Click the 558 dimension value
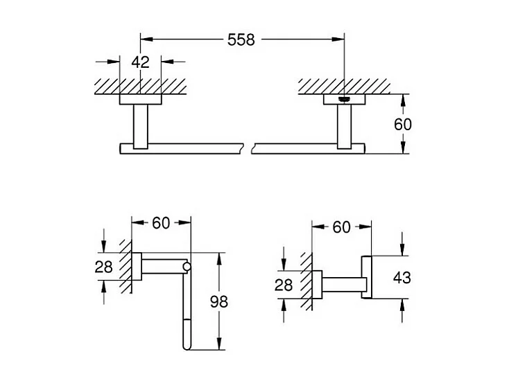click(241, 39)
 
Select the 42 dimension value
click(141, 62)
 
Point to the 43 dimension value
click(402, 278)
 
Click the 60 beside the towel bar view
click(403, 124)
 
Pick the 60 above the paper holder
click(161, 223)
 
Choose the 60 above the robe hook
click(341, 227)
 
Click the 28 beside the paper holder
click(103, 267)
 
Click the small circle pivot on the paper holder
click(186, 266)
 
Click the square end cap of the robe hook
click(366, 278)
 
